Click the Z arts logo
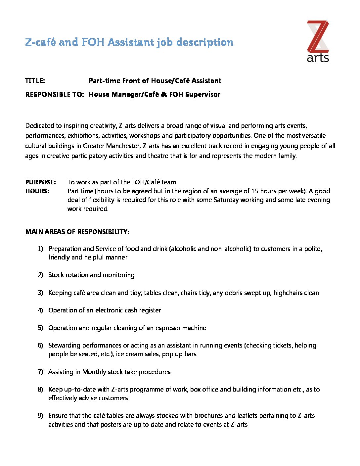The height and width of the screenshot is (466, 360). point(318,41)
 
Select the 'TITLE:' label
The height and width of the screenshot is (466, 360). point(35,81)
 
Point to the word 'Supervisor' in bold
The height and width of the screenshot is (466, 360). point(203,94)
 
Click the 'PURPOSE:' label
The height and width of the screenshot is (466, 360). point(41,182)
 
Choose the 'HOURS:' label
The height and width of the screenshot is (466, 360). point(37,191)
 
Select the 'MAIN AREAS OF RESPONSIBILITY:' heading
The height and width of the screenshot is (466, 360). point(77,232)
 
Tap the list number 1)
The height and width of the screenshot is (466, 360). point(40,249)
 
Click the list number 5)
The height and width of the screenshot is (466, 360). point(40,328)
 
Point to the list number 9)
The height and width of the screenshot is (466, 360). point(40,415)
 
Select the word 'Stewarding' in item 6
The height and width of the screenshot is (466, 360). point(64,345)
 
